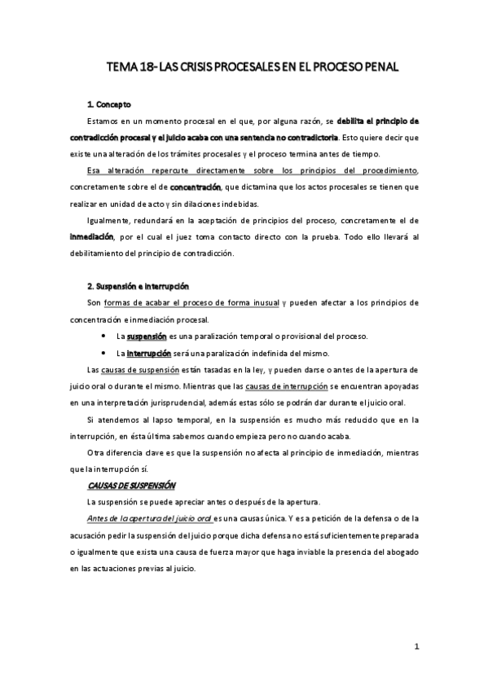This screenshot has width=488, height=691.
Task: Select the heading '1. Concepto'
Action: pyautogui.click(x=108, y=105)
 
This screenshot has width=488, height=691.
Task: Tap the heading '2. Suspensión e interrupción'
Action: pyautogui.click(x=138, y=286)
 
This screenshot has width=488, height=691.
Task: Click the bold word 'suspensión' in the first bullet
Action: pyautogui.click(x=147, y=337)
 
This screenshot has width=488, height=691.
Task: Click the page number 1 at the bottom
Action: pyautogui.click(x=416, y=649)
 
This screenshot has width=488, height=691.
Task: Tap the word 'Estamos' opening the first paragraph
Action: pyautogui.click(x=103, y=121)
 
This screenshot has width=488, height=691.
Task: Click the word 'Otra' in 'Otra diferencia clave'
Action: pyautogui.click(x=95, y=452)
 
